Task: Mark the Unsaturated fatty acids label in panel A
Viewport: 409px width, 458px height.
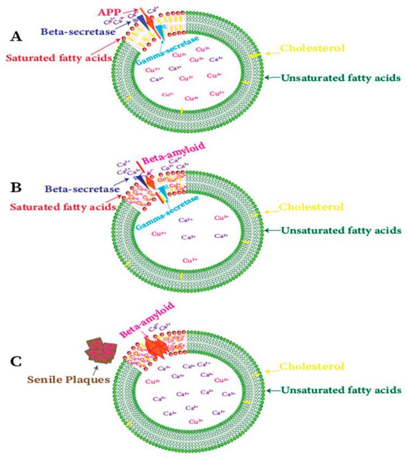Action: (340, 78)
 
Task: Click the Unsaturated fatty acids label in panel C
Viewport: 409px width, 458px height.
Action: (340, 389)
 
